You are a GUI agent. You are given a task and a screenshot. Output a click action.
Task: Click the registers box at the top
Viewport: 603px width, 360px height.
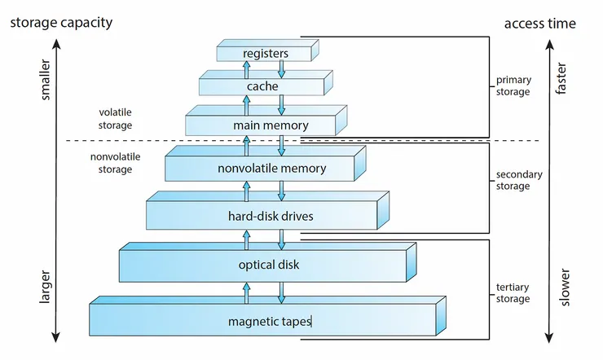[266, 54]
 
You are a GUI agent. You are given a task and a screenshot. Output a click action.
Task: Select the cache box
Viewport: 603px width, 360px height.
[262, 86]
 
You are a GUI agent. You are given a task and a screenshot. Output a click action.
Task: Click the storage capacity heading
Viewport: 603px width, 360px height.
[60, 22]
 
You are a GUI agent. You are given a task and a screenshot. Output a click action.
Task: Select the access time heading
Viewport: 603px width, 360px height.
[539, 24]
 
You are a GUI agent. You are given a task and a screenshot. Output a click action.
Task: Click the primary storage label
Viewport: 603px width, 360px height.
[513, 86]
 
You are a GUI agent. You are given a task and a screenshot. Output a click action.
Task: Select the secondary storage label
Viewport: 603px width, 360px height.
[517, 181]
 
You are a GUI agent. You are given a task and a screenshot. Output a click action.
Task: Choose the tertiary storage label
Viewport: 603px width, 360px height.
[513, 293]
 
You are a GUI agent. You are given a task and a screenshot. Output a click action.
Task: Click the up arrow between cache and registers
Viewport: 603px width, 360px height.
[245, 68]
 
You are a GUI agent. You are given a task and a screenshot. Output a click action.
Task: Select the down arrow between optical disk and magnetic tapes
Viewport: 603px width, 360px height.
[281, 291]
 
